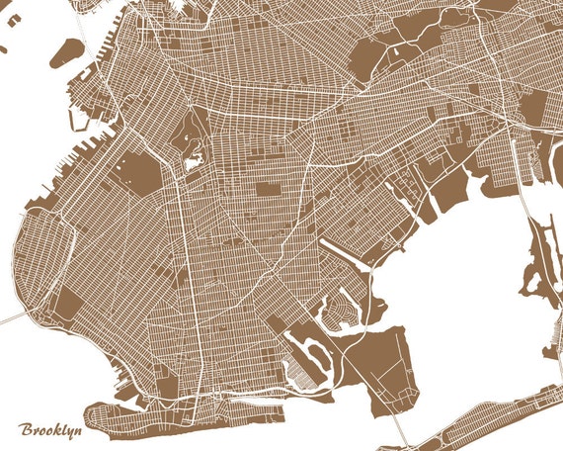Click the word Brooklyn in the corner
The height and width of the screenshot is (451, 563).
tap(49, 431)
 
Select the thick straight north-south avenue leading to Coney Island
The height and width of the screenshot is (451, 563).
tap(202, 326)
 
